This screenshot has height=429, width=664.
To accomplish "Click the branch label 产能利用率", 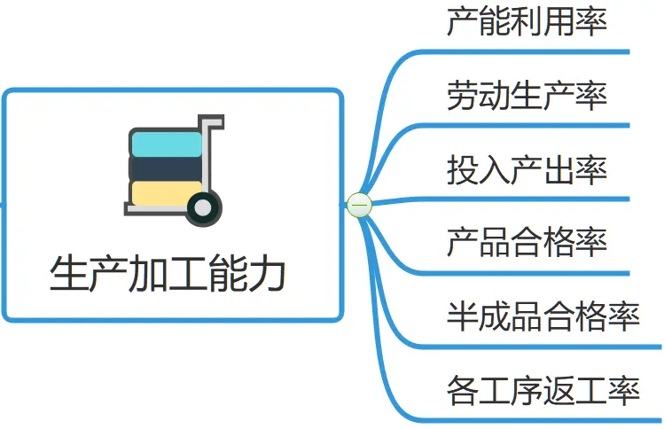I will (x=527, y=21).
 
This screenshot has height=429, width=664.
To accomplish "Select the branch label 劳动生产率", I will (x=527, y=95).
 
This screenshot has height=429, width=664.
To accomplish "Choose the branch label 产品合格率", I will (x=527, y=241).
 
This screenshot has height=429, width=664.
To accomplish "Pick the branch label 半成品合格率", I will (x=543, y=315).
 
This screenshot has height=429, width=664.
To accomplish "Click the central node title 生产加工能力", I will (x=168, y=274).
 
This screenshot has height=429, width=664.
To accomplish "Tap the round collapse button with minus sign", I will (x=360, y=205).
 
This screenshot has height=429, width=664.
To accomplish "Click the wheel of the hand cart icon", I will (x=204, y=208).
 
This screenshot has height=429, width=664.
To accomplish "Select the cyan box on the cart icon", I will (x=167, y=144).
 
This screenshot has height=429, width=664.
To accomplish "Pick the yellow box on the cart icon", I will (x=165, y=193).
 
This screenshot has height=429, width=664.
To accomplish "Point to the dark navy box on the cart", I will (x=165, y=168).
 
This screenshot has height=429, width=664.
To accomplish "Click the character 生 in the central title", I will (x=68, y=274).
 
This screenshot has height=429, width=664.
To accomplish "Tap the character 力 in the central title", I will (x=269, y=274).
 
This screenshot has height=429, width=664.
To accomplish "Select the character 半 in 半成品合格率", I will (x=463, y=315).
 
